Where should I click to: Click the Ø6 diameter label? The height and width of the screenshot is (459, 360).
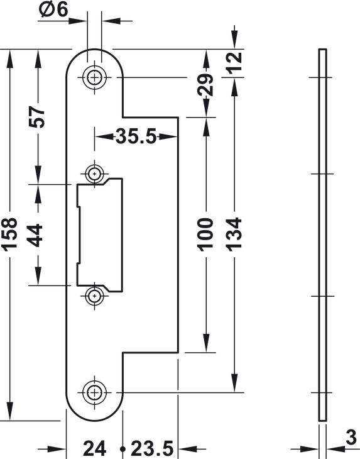(53, 10)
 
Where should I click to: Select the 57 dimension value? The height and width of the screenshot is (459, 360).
(37, 117)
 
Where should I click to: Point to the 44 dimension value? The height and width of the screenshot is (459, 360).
(35, 235)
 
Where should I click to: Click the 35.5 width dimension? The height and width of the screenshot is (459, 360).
(136, 136)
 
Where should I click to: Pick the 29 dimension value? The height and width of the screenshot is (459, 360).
(205, 85)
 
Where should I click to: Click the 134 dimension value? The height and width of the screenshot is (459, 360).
(234, 235)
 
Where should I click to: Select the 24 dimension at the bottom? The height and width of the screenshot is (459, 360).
(94, 448)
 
